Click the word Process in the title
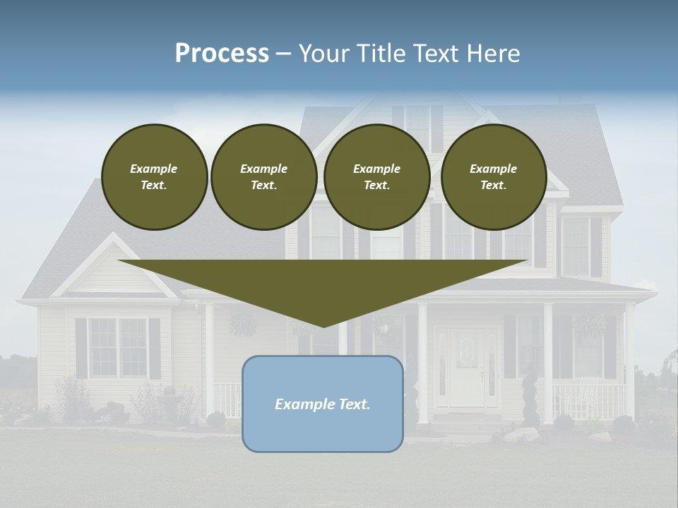tap(222, 54)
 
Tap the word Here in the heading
tap(492, 54)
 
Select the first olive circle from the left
tap(154, 177)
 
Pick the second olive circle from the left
tap(263, 177)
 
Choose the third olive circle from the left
tap(376, 177)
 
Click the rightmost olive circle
tap(493, 177)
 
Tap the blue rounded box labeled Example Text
tap(323, 404)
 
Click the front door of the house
tap(467, 367)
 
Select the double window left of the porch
tap(118, 348)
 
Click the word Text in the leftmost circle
tap(154, 186)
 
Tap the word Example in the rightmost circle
tap(493, 169)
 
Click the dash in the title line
tap(284, 54)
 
